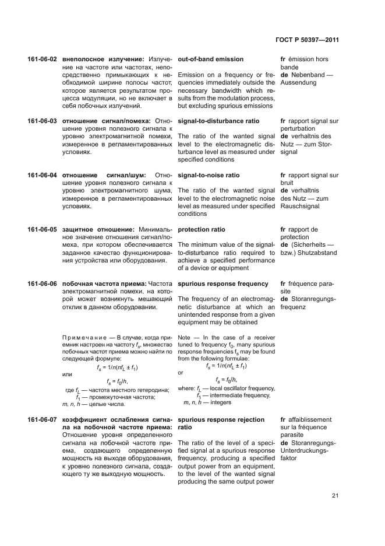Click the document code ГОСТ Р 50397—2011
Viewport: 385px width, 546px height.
coord(307,40)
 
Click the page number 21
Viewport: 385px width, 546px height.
coord(335,496)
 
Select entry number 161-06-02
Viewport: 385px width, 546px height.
coord(42,60)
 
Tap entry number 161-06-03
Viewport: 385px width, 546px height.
coord(42,121)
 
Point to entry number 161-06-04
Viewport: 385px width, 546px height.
coord(42,175)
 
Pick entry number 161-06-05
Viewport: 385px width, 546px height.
coord(42,229)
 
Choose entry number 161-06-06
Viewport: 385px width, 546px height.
coord(42,283)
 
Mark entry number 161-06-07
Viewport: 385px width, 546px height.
coord(42,419)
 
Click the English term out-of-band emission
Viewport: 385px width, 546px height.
coord(210,60)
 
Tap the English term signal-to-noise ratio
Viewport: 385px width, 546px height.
coord(209,175)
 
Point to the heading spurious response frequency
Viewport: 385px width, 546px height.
coord(223,283)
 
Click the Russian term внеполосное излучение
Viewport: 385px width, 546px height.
coord(103,60)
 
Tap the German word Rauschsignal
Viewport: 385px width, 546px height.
coord(302,206)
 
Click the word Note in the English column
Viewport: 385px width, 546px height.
coord(184,337)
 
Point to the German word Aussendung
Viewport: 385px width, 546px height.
coord(298,83)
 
